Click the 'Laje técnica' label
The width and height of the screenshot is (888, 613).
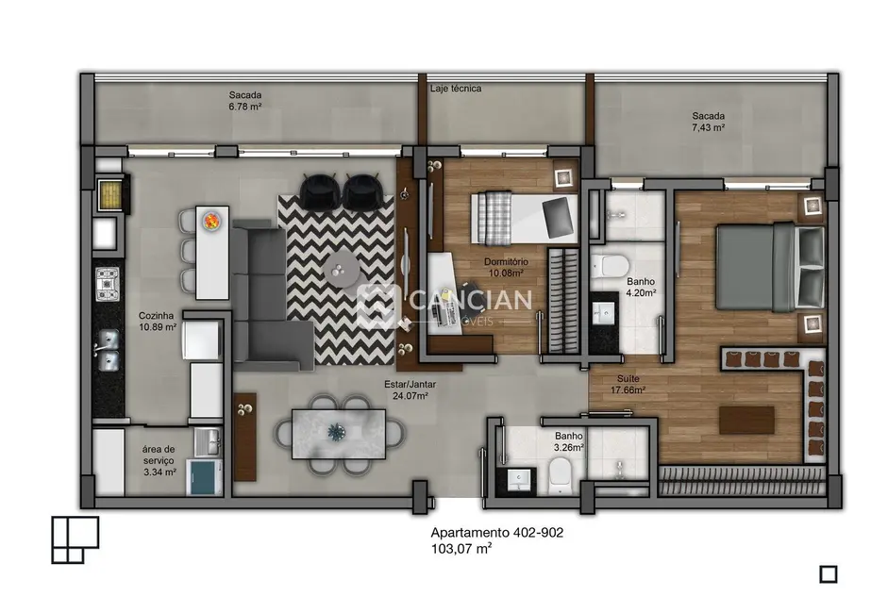[456, 89]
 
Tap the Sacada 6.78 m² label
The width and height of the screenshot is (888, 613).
[244, 101]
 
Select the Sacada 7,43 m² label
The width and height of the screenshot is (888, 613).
[707, 122]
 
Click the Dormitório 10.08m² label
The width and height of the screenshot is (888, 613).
[507, 267]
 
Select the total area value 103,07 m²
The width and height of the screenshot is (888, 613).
[461, 548]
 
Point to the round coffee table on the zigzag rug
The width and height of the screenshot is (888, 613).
[341, 272]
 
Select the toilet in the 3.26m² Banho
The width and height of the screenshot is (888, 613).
[559, 476]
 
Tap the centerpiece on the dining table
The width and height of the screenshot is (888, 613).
[337, 432]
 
